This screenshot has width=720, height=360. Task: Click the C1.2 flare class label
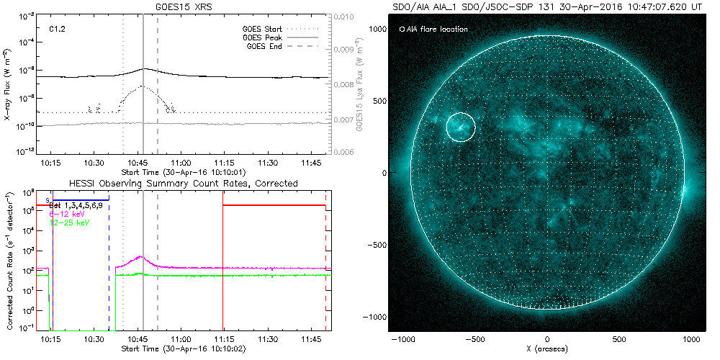point(58,30)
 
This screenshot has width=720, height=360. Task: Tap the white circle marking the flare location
point(461,127)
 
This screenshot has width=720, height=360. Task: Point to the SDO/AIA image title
point(547,7)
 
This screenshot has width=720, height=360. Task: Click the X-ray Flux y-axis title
point(8,84)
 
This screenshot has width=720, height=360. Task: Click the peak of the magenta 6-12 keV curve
point(140,256)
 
